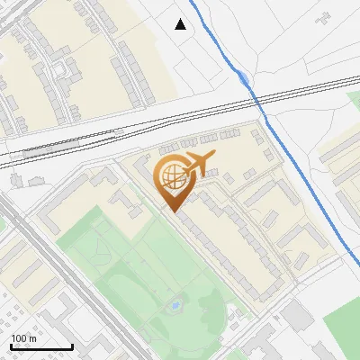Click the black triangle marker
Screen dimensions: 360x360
[181, 24]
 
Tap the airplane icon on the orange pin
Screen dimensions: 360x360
[197, 164]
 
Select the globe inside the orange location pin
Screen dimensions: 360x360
[172, 176]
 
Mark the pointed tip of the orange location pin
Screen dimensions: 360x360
[173, 211]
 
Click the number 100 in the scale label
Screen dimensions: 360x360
[18, 338]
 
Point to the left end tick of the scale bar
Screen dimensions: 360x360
[12, 346]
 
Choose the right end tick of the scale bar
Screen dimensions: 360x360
[72, 346]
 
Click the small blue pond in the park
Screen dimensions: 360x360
[175, 308]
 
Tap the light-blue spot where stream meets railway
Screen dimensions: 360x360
[246, 79]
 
